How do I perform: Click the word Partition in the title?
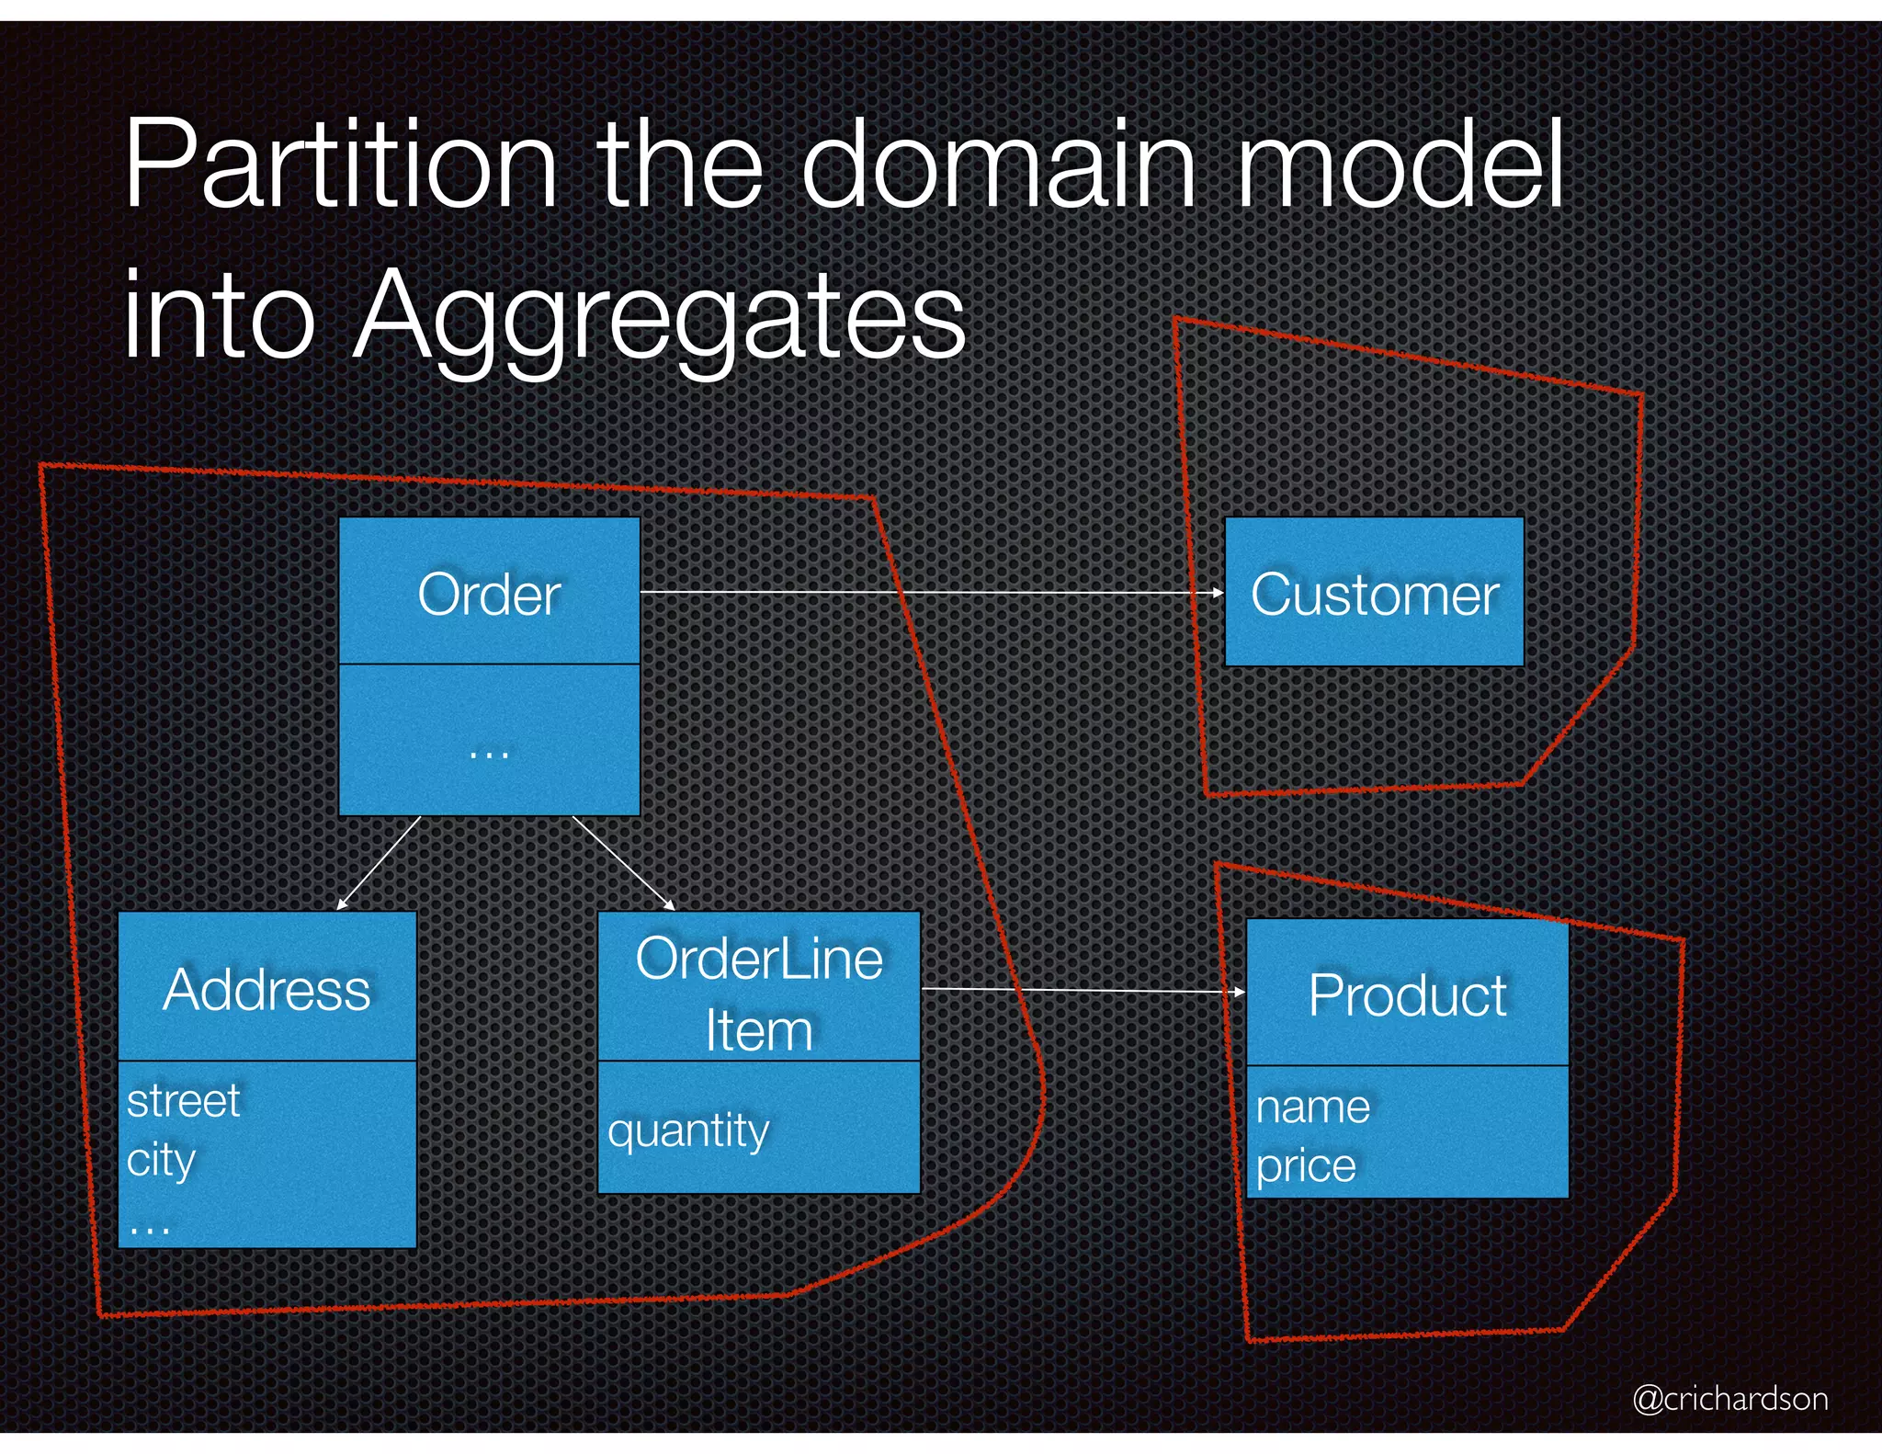(x=340, y=165)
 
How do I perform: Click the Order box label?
(x=489, y=594)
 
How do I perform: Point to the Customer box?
(x=1375, y=594)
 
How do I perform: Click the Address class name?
(x=266, y=989)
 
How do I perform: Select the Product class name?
(x=1407, y=994)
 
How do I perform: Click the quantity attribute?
(x=688, y=1130)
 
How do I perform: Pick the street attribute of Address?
(x=183, y=1101)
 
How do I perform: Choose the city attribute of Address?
(x=161, y=1160)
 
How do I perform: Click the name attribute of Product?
(x=1312, y=1107)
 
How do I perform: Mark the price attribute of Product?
(x=1306, y=1165)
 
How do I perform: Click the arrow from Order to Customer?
(x=928, y=593)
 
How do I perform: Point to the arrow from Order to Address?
(x=379, y=862)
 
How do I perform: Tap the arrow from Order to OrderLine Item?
(x=623, y=862)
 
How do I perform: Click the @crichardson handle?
(x=1730, y=1398)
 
